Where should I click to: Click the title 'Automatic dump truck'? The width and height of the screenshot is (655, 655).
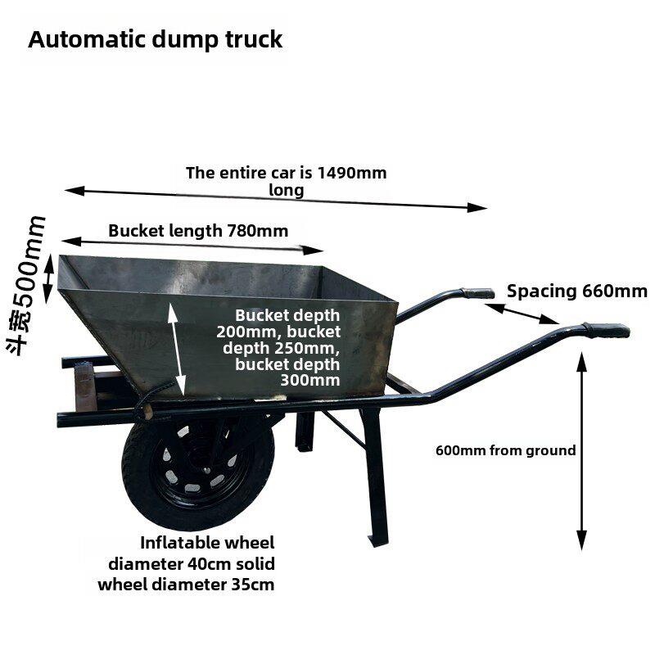pos(156,40)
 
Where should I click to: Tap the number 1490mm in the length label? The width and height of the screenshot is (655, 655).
pos(352,173)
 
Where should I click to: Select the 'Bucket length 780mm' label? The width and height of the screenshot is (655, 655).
pos(198,231)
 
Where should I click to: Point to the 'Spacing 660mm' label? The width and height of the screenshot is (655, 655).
pos(577,291)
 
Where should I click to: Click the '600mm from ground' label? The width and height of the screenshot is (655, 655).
pos(505,450)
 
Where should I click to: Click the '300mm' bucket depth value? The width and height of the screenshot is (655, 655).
pos(310,380)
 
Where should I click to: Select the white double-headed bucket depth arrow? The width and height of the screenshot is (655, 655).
pos(177,349)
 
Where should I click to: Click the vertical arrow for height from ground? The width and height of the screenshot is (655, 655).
pos(581,451)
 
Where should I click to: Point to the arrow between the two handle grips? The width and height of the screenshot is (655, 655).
pos(522,314)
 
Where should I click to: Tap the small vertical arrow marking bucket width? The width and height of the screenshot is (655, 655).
pos(49,278)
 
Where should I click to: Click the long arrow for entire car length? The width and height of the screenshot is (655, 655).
pos(276,199)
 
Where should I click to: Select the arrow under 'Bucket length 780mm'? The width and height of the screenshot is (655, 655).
pos(192,245)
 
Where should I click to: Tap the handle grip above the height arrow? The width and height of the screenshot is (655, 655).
pos(606,330)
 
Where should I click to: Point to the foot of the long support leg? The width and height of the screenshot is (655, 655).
pos(378,540)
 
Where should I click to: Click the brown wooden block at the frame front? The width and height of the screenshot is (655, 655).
pos(86,386)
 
